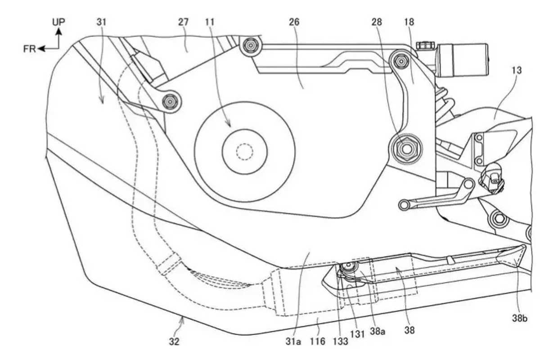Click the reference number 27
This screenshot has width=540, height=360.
pyautogui.click(x=183, y=22)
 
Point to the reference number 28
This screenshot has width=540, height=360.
pyautogui.click(x=378, y=22)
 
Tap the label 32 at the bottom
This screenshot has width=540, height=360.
pyautogui.click(x=174, y=342)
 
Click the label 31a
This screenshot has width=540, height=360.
pyautogui.click(x=293, y=342)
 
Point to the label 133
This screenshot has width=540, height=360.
pyautogui.click(x=340, y=342)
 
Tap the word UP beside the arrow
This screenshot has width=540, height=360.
pyautogui.click(x=58, y=22)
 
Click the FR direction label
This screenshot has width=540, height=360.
pyautogui.click(x=30, y=49)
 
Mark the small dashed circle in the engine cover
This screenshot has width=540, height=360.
pyautogui.click(x=245, y=152)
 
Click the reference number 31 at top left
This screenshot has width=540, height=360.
pyautogui.click(x=102, y=22)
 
